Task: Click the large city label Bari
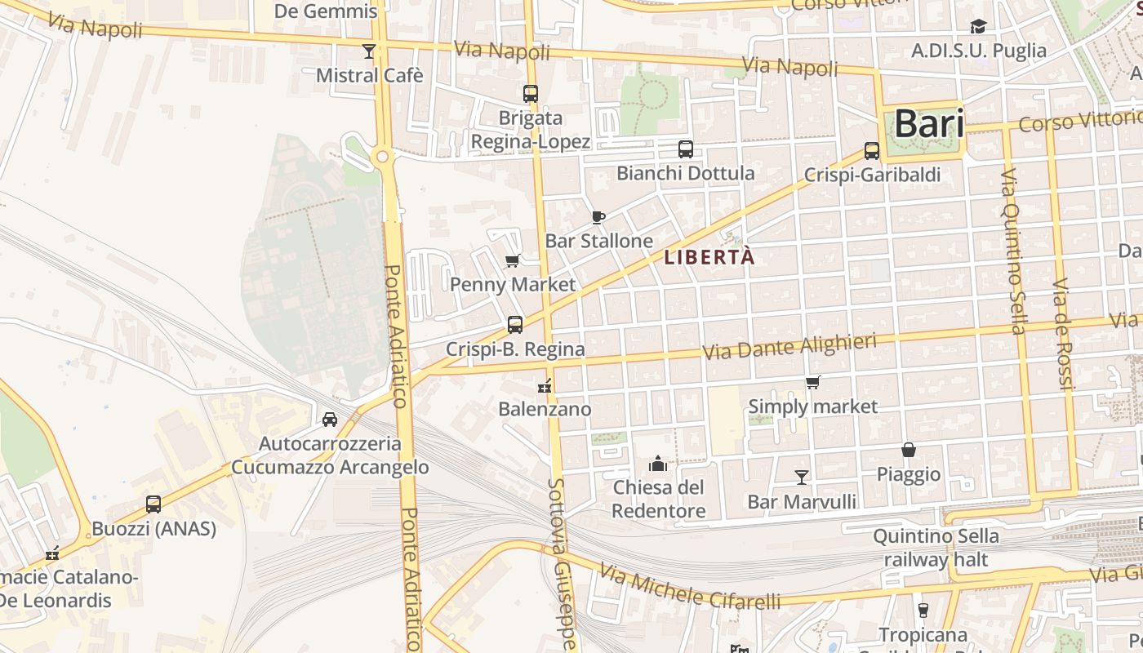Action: click(x=929, y=124)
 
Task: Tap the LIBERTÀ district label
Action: click(x=709, y=257)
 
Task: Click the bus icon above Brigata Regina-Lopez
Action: click(x=531, y=94)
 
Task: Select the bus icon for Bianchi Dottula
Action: click(x=686, y=149)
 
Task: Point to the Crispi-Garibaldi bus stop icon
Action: click(x=872, y=151)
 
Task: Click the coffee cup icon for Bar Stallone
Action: click(x=598, y=217)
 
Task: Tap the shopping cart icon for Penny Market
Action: click(x=513, y=261)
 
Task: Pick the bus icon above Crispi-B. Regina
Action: click(x=515, y=325)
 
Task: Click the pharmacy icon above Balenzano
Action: click(x=545, y=385)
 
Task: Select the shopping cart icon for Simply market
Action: click(x=812, y=382)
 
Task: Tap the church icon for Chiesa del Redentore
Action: click(x=658, y=464)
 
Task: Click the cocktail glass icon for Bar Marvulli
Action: click(x=802, y=478)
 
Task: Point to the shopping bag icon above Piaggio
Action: click(x=908, y=450)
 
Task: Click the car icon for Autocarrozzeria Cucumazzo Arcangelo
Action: click(x=330, y=420)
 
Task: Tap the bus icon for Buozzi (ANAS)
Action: click(x=153, y=504)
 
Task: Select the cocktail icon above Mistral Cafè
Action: click(x=369, y=51)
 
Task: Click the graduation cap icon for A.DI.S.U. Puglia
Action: click(x=978, y=27)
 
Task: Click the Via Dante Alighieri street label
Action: click(x=789, y=347)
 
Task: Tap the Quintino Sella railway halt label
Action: click(x=936, y=548)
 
